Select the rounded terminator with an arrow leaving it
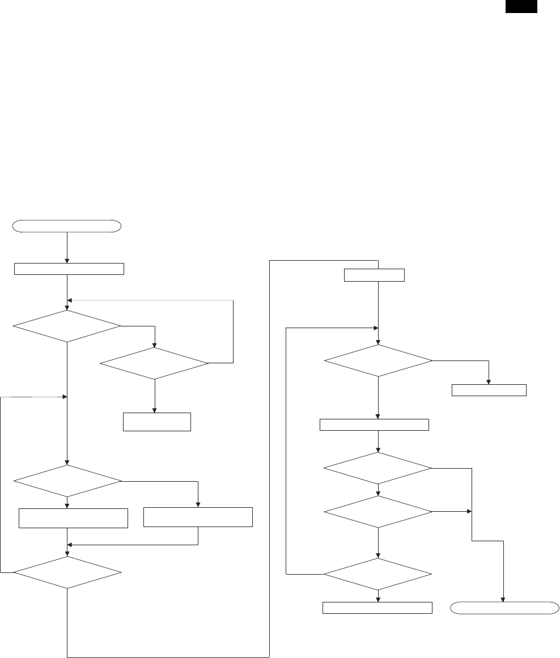pos(67,226)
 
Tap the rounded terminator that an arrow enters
pos(503,608)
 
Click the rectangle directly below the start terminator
pos(69,269)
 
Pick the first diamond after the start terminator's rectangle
pos(67,326)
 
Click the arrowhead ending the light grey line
pos(70,300)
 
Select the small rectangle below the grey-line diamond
pos(156,422)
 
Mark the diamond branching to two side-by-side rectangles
pos(67,482)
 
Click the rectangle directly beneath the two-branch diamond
pos(73,518)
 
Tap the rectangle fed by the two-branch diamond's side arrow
pos(198,517)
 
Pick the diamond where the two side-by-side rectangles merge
pos(67,573)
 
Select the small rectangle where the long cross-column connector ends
pos(375,275)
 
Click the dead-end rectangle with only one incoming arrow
pos(489,390)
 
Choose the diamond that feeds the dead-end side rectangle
pos(377,360)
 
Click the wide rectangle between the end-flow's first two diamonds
pos(375,424)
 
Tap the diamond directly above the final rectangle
pos(377,574)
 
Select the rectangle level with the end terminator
pos(377,608)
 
